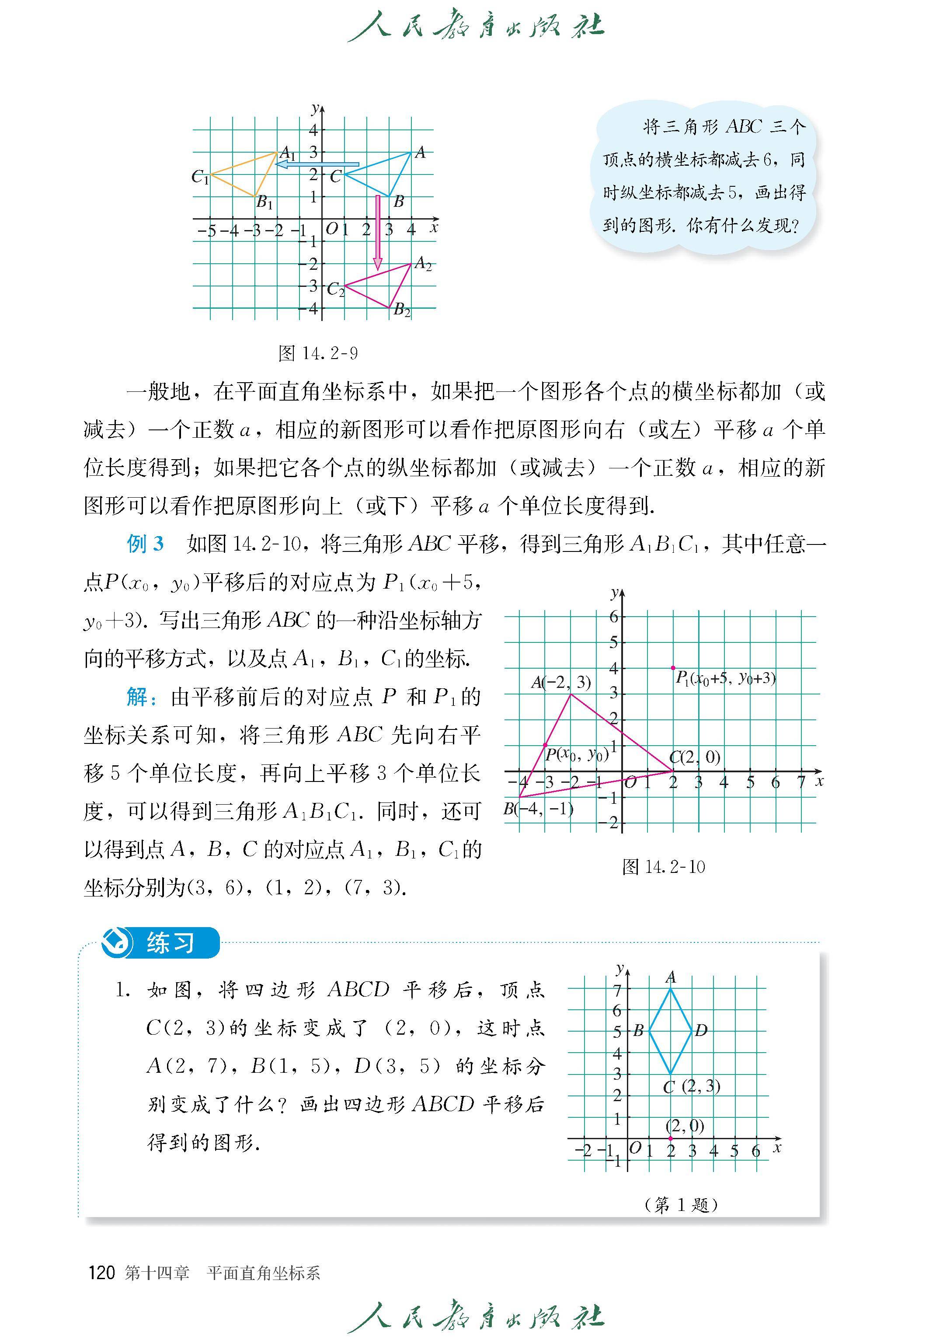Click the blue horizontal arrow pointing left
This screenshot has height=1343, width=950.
[x=318, y=164]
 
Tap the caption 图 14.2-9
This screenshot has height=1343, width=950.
[x=318, y=353]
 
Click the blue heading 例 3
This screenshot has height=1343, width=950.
[x=145, y=544]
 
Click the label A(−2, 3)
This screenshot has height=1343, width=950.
[x=561, y=682]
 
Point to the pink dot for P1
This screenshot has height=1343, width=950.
[x=673, y=668]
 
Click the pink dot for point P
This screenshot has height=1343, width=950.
[x=545, y=745]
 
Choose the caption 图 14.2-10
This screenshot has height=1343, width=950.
[x=663, y=867]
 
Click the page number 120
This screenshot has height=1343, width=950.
[x=101, y=1273]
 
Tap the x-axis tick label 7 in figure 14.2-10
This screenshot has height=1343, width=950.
[x=801, y=782]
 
